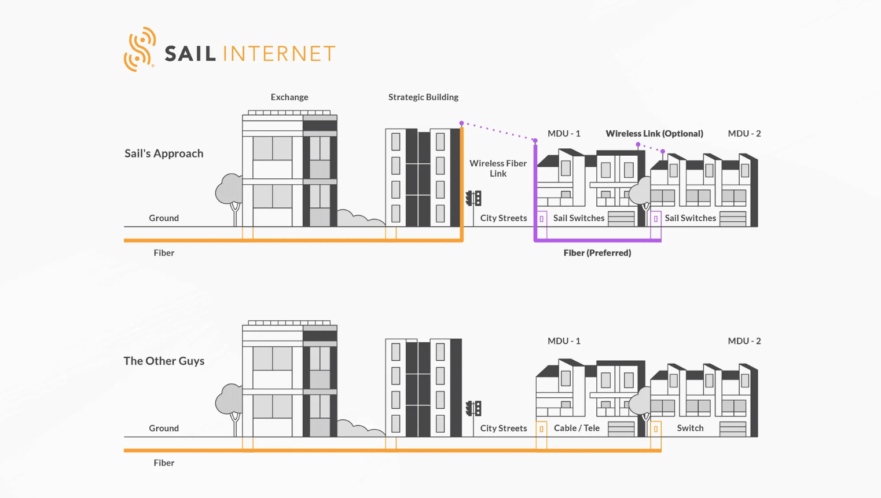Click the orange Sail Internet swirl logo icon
tap(140, 49)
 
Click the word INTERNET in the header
tap(279, 53)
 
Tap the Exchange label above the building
tap(289, 97)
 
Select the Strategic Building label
tap(423, 97)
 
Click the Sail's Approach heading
tap(164, 153)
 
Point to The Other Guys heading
tap(164, 361)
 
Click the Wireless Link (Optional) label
tap(655, 133)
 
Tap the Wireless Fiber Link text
tap(498, 169)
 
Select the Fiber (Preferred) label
tap(597, 253)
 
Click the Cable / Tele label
tap(577, 428)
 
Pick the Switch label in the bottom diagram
tap(690, 428)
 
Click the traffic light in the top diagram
tap(473, 198)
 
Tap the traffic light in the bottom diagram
tap(473, 409)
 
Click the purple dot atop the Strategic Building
tap(462, 123)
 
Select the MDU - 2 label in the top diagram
tap(744, 133)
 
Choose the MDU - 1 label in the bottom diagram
tap(564, 340)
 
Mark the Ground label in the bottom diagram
tap(164, 428)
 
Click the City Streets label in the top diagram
tap(504, 218)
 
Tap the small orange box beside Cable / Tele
tap(542, 429)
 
